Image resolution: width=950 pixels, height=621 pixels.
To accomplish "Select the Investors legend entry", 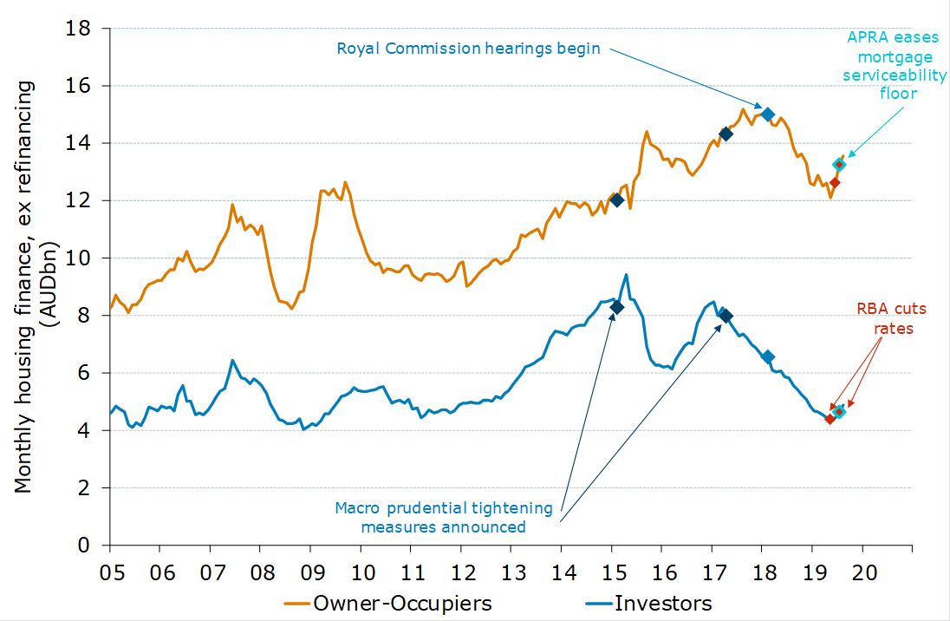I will (663, 603).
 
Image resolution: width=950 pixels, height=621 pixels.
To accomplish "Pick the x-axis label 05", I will (110, 573).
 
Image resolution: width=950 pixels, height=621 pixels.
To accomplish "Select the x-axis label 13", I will (511, 573).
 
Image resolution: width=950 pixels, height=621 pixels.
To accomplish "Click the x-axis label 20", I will (862, 573).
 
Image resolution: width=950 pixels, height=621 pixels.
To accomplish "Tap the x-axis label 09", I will (311, 573).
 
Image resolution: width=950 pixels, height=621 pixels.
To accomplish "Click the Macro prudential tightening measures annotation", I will (444, 516).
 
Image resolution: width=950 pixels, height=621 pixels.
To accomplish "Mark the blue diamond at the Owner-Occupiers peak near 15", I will (767, 114).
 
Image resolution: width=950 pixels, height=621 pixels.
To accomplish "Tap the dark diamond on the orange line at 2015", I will (617, 200).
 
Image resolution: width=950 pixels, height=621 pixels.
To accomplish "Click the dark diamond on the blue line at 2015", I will (617, 307).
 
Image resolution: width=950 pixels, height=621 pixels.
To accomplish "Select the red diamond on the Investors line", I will (830, 419).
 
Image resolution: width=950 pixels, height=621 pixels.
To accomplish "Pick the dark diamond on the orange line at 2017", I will (726, 134).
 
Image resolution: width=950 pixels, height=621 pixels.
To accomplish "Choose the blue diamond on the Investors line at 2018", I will (767, 356).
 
